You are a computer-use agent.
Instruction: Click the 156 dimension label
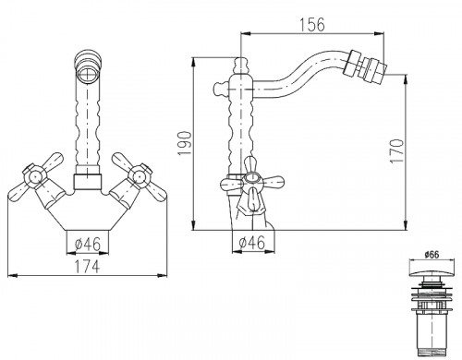pyautogui.click(x=312, y=24)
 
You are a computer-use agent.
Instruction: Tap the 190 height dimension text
pyautogui.click(x=185, y=143)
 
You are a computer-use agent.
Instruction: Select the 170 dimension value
pyautogui.click(x=396, y=151)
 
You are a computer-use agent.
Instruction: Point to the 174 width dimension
pyautogui.click(x=88, y=267)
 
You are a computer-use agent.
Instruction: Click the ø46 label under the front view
pyautogui.click(x=88, y=245)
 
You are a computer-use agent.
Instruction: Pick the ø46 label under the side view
pyautogui.click(x=252, y=243)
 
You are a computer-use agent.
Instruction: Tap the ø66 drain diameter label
pyautogui.click(x=432, y=255)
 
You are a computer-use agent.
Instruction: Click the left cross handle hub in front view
pyautogui.click(x=35, y=176)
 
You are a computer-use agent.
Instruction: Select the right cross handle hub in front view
pyautogui.click(x=140, y=176)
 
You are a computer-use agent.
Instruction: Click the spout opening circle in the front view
pyautogui.click(x=88, y=74)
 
